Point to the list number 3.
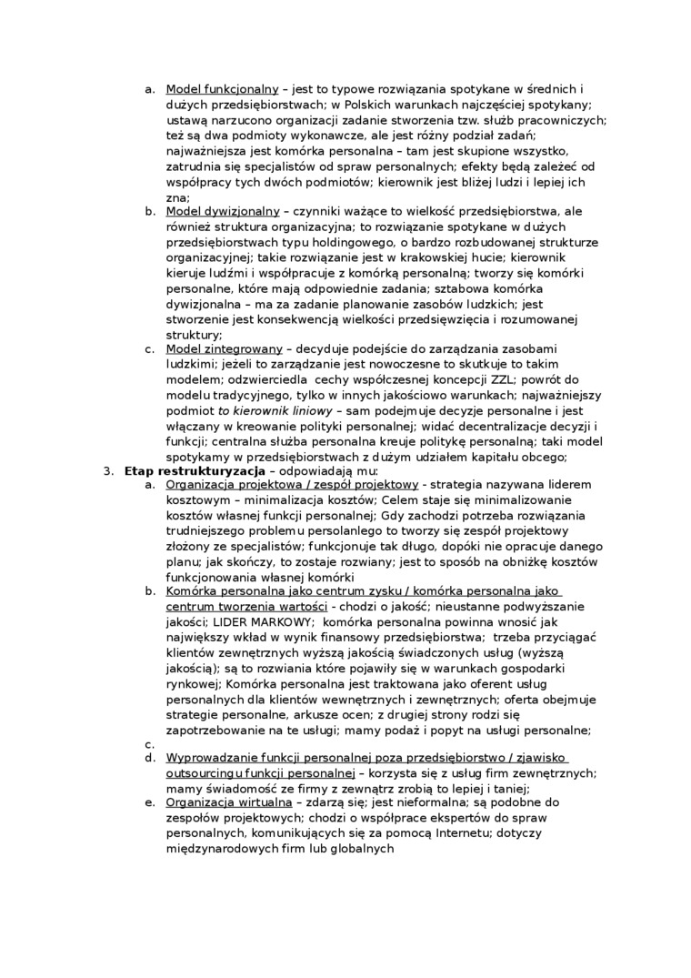tap(106, 470)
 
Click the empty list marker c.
tap(149, 744)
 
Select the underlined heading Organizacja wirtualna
tap(228, 802)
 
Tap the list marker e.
tap(149, 802)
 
